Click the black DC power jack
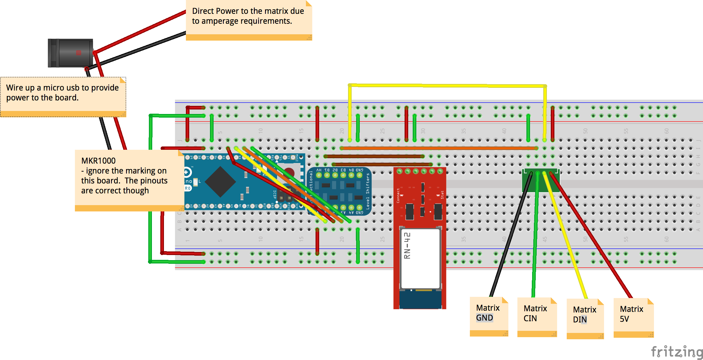coord(71,53)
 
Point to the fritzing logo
coord(677,352)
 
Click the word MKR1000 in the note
coord(98,161)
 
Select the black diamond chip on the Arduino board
coord(220,182)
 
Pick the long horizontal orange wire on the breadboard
coord(439,148)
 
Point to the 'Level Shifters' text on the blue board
coord(368,191)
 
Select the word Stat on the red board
coord(442,195)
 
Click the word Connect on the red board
coord(398,195)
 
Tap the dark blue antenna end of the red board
coord(421,300)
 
